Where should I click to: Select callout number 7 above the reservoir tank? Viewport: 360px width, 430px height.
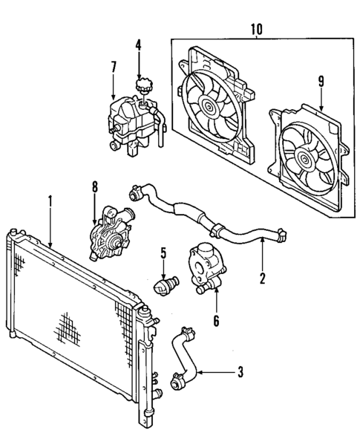(x=113, y=68)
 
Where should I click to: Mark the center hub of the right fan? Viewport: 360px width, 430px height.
(x=304, y=157)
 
